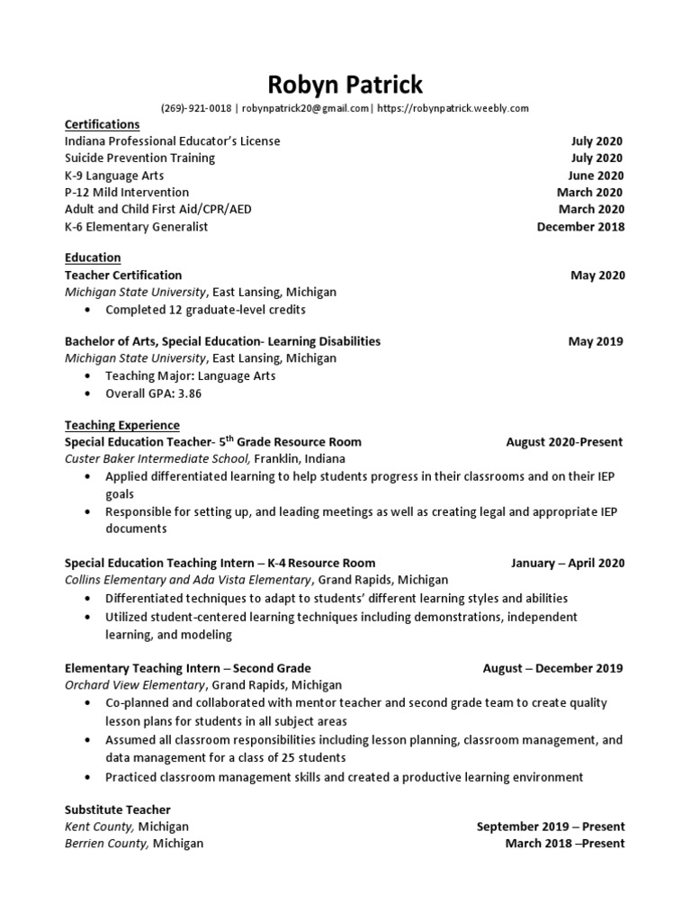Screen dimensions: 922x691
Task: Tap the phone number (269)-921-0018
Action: click(196, 108)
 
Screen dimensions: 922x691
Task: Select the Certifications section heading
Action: click(102, 124)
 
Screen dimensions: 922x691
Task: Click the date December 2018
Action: click(579, 227)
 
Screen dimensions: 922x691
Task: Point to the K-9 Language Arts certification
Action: click(117, 176)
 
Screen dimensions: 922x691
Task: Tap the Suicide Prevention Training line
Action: click(139, 158)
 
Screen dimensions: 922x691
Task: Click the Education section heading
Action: click(92, 258)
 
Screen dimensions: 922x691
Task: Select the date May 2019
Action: click(595, 341)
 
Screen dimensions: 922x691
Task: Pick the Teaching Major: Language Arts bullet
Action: click(190, 376)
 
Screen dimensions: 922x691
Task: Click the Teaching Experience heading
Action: click(121, 425)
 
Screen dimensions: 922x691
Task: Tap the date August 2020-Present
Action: click(564, 442)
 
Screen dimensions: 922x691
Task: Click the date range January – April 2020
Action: click(567, 564)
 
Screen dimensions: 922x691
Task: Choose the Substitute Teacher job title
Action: click(117, 809)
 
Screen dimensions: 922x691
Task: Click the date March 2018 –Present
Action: click(564, 844)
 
